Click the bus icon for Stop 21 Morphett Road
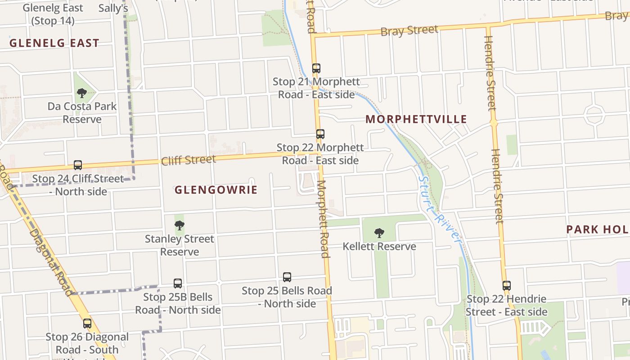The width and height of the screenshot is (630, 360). tap(316, 68)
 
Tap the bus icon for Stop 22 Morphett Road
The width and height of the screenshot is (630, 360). tap(320, 134)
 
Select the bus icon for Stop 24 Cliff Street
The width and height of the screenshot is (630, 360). tap(78, 165)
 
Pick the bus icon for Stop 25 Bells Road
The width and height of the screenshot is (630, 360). tap(287, 277)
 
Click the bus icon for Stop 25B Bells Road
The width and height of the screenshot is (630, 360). tap(178, 283)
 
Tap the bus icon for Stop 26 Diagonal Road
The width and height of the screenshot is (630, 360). tap(87, 324)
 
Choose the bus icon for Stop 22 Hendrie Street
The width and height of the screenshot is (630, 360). tap(507, 285)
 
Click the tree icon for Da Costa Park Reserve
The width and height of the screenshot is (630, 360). tap(81, 93)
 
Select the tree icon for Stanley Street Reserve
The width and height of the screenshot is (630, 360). tap(180, 225)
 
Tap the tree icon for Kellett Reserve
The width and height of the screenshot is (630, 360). tap(379, 233)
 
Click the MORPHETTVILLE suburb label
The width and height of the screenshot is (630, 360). tap(416, 119)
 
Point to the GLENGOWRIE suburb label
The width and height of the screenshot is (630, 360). tap(216, 190)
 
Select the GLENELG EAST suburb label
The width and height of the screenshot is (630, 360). tap(54, 43)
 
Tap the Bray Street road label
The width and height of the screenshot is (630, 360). tap(409, 31)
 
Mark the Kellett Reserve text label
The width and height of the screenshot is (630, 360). tap(379, 247)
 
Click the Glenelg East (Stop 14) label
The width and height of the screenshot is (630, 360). tap(53, 14)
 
